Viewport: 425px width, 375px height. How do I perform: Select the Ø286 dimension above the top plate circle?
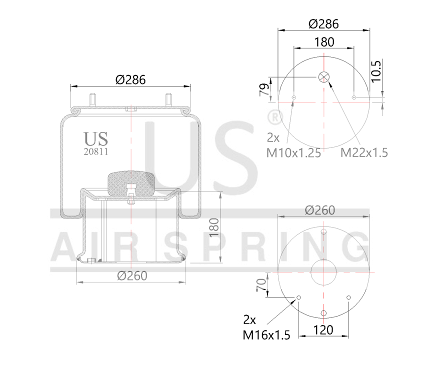[x=323, y=23]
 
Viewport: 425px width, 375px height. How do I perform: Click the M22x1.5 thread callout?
[x=364, y=152]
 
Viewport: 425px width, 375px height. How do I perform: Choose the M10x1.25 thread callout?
[x=293, y=153]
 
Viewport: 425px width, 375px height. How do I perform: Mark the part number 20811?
[x=95, y=149]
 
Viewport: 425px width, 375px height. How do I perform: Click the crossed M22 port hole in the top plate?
[x=323, y=77]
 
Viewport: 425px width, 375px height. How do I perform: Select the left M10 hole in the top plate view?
[x=294, y=97]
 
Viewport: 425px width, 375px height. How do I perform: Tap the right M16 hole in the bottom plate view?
[x=348, y=298]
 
